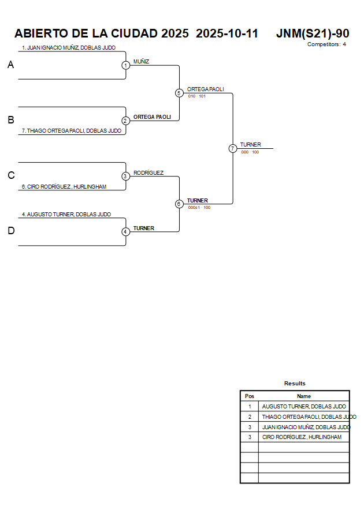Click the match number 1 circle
coord(125,65)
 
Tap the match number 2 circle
coord(125,121)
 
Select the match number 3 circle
coord(125,176)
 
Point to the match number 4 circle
coord(125,231)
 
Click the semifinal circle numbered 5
coord(179,93)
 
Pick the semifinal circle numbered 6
coord(179,204)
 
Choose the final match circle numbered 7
coord(233,148)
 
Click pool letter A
coord(10,65)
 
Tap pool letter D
coord(10,231)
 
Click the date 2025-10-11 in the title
coord(227,33)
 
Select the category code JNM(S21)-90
coord(313,33)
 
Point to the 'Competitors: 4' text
coord(326,44)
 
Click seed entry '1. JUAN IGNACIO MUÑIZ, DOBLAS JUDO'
coord(68,48)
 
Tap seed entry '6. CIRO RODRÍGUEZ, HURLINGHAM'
coord(64,187)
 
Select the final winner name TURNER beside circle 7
coord(251,145)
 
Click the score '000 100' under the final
coord(250,152)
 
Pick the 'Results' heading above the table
coord(295,384)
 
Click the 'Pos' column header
coord(250,396)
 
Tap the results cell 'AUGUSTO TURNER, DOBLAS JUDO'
coord(304,407)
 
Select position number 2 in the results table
coord(250,417)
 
